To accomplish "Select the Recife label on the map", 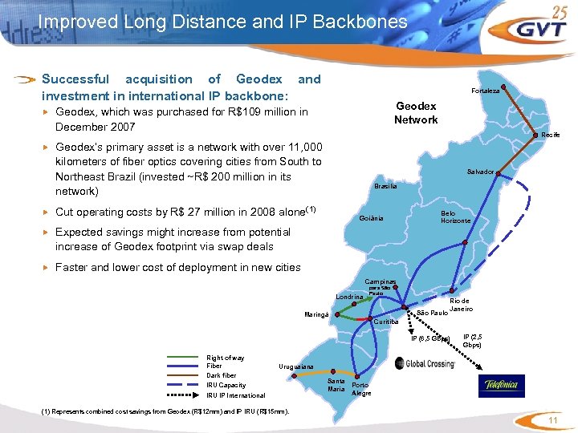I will [x=551, y=135].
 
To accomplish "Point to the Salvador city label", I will [x=480, y=172].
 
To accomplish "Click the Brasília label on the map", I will [x=385, y=186].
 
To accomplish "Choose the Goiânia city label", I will [x=371, y=219].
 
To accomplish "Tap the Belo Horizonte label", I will [x=455, y=217].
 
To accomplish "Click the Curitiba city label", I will [x=386, y=322].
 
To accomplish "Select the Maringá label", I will [x=316, y=314].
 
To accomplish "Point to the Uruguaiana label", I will [x=296, y=367].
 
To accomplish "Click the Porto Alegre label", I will [x=361, y=389].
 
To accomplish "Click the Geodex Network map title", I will [x=416, y=113].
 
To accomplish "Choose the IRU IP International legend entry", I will [x=235, y=395].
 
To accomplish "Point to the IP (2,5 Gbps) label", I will [x=472, y=341].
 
